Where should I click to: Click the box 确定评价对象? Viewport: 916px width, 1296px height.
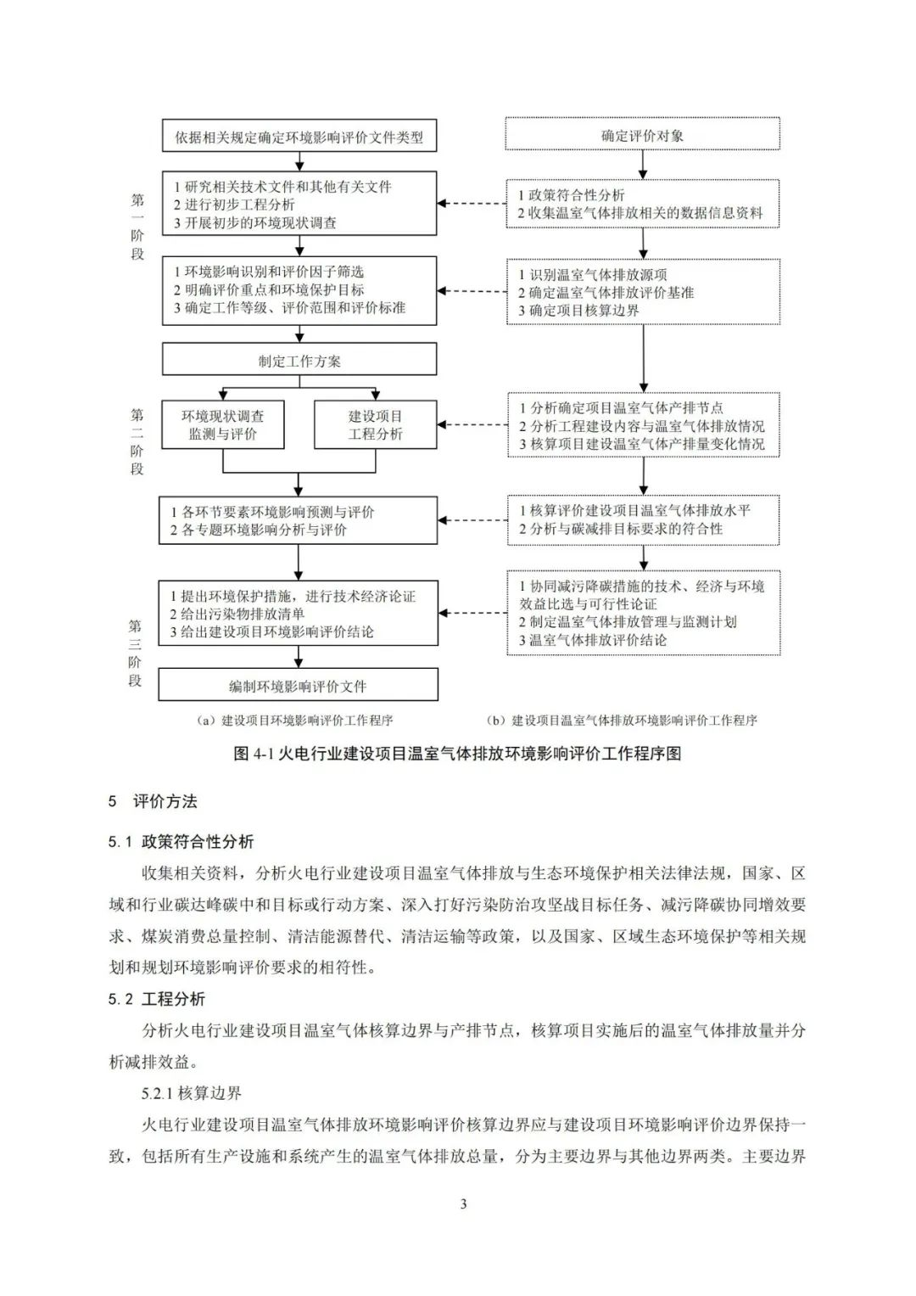(642, 135)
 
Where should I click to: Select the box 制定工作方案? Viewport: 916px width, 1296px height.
(299, 361)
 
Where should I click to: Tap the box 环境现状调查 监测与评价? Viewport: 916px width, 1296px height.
(222, 425)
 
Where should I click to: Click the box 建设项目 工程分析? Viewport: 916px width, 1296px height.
(375, 425)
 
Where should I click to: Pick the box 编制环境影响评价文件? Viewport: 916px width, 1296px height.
(299, 686)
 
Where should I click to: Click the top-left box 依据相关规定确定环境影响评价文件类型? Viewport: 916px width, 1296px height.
(299, 137)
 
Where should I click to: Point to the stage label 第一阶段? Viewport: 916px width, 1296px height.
(137, 227)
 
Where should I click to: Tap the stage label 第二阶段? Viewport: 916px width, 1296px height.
(137, 441)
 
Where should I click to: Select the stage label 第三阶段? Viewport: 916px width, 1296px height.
(136, 653)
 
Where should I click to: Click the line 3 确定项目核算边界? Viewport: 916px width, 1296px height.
(579, 311)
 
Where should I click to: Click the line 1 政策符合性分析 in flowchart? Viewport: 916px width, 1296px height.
(572, 195)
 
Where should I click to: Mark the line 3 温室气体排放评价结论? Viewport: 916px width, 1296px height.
(593, 640)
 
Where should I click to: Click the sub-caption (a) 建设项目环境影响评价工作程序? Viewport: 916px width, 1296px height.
(294, 721)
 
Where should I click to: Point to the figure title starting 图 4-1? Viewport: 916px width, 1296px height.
(457, 754)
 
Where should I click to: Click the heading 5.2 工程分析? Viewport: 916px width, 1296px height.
(157, 999)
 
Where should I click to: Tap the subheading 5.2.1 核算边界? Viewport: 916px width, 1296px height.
(192, 1093)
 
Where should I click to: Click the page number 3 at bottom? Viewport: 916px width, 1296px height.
(463, 1203)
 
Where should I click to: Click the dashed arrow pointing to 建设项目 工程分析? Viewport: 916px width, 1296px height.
(472, 425)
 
